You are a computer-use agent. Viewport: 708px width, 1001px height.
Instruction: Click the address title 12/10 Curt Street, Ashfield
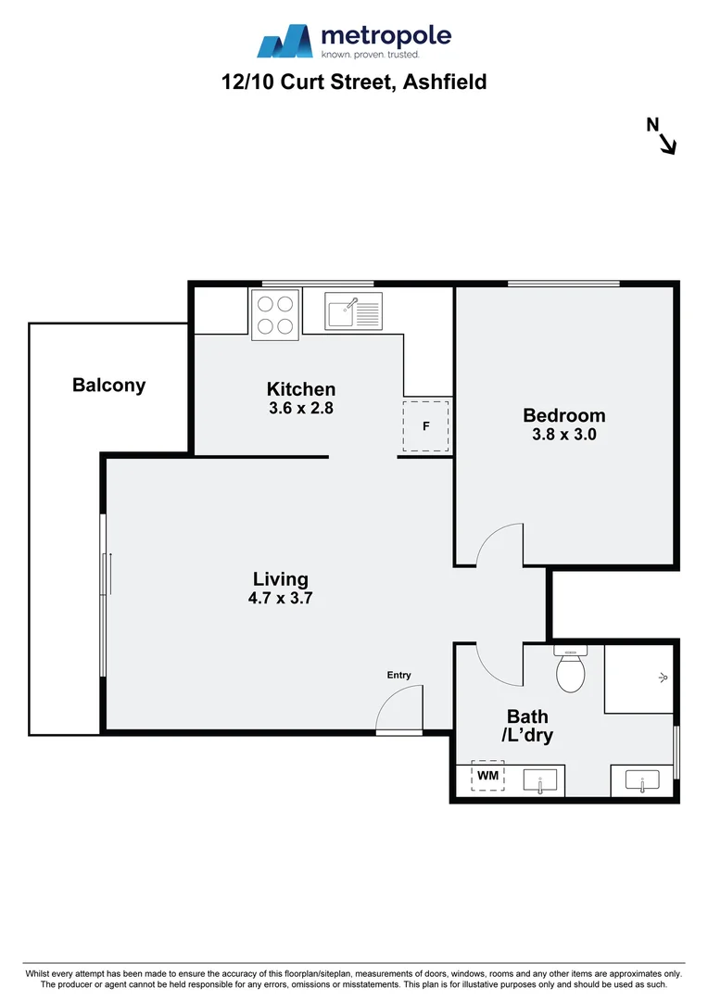354,82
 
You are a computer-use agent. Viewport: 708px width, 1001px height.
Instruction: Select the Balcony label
108,386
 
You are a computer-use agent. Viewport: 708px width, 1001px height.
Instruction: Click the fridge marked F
425,427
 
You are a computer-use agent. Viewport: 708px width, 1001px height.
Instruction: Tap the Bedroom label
563,415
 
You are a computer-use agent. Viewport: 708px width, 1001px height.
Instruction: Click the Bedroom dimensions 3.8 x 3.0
563,433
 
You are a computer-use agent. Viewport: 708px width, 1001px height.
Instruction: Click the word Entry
398,676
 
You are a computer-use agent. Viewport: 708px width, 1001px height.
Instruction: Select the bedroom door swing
500,547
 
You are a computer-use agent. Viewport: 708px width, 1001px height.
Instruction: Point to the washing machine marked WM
487,776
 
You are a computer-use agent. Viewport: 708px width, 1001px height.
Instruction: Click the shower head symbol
663,678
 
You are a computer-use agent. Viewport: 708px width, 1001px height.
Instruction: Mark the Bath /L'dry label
527,726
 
